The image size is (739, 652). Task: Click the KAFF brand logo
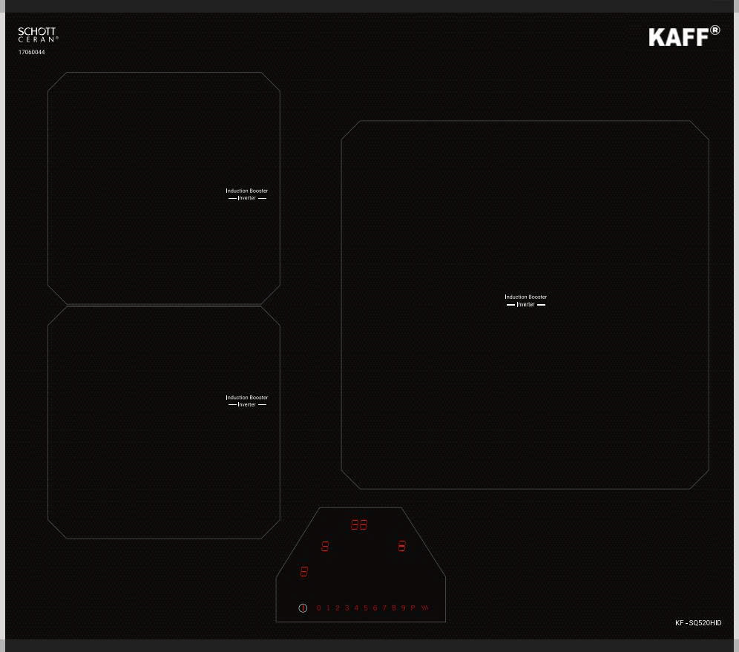(x=678, y=37)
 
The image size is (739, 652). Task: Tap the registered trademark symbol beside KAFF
(x=715, y=30)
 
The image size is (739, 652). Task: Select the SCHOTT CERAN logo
(x=37, y=34)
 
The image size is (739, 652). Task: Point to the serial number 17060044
(x=31, y=53)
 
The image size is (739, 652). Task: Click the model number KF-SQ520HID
(x=697, y=623)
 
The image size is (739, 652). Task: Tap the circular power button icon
(x=303, y=608)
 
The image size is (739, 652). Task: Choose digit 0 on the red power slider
(x=319, y=608)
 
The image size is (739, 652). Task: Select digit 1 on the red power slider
(x=328, y=608)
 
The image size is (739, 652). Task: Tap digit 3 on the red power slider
(x=346, y=608)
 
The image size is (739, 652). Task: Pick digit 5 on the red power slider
(x=365, y=608)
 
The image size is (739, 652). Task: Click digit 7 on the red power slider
(x=384, y=608)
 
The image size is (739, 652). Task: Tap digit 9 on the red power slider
(x=403, y=608)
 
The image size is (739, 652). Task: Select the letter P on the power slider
(x=413, y=608)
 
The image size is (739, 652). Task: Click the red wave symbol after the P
(x=425, y=608)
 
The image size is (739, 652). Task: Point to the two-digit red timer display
(x=359, y=525)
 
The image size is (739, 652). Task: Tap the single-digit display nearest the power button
(x=303, y=572)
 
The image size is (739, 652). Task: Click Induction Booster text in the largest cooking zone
(x=525, y=297)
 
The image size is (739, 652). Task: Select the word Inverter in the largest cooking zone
(x=525, y=305)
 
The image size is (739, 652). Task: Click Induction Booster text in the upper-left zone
(x=247, y=191)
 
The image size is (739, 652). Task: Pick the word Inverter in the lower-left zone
(x=247, y=405)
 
